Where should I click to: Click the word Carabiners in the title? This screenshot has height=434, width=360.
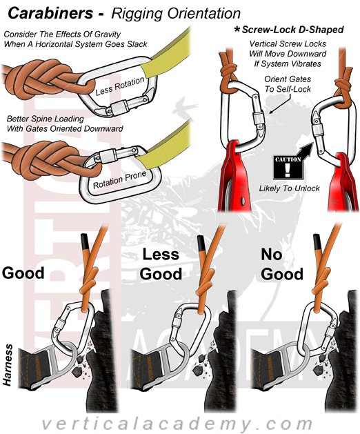[x=50, y=12]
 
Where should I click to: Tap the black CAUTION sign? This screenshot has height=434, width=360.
[x=288, y=167]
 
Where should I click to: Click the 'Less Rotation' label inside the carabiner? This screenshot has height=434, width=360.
[x=120, y=86]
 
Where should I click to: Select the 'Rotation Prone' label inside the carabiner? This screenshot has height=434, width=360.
[x=119, y=180]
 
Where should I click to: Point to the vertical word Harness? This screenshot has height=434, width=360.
[x=8, y=365]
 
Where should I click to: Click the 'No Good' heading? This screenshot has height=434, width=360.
[x=282, y=264]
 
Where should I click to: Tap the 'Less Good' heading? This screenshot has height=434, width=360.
[x=161, y=264]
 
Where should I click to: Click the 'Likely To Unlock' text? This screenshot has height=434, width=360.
[x=289, y=188]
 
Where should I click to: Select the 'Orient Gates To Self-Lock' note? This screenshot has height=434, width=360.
[x=288, y=84]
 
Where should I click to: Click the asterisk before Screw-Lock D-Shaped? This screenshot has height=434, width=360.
[x=237, y=29]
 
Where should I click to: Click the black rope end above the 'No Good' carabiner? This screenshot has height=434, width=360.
[x=317, y=241]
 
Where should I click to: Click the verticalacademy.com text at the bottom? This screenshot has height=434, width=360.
[x=177, y=423]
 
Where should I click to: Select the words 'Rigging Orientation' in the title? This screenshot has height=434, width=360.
[x=176, y=14]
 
